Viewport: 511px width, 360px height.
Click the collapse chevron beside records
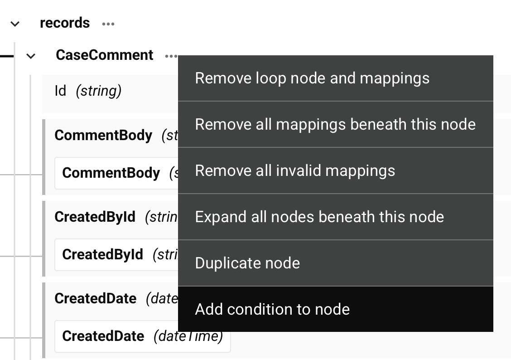coord(15,24)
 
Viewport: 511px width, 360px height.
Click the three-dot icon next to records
coord(108,24)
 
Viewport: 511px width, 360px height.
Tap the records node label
coord(65,23)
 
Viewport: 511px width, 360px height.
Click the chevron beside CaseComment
coord(31,56)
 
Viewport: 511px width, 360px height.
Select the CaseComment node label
coord(105,55)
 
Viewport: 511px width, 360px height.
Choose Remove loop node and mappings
coord(312,78)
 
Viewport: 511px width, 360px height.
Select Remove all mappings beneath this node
coord(335,124)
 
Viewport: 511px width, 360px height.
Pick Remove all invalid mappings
coord(295,170)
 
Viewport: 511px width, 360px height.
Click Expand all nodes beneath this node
coord(319,217)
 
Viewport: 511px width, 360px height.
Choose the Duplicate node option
coord(247,263)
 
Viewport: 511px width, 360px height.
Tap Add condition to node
coord(272,309)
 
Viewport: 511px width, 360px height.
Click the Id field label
coord(60,91)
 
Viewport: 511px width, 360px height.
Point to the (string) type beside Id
coord(99,91)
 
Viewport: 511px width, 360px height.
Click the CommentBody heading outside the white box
coord(103,135)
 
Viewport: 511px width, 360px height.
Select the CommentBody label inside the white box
coord(111,173)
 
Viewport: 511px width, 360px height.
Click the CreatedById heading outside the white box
coord(95,217)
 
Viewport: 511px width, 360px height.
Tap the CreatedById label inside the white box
coord(102,254)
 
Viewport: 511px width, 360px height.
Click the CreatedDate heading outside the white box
coord(95,298)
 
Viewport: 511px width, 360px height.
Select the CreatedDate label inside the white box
coord(103,336)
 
